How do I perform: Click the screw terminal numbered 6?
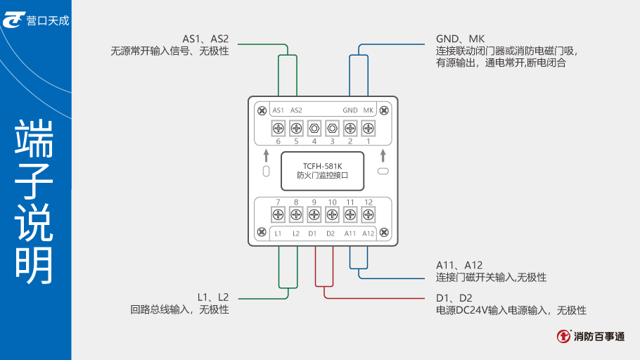point(278,128)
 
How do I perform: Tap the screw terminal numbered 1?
point(368,128)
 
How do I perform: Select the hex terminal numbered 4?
point(314,128)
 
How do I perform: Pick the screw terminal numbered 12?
point(368,214)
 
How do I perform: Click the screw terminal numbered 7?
point(278,214)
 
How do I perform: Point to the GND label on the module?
point(350,110)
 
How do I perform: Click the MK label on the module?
point(369,110)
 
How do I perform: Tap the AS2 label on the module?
point(296,110)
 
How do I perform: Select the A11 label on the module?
point(350,233)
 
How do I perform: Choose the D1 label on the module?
point(314,233)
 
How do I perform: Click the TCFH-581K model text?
point(323,167)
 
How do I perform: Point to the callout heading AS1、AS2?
point(205,39)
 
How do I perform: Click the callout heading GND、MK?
point(461,39)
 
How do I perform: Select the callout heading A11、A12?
point(459,265)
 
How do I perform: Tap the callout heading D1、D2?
point(454,298)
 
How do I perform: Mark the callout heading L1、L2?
point(213,297)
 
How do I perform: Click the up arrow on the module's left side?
point(266,154)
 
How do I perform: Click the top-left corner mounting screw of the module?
point(262,110)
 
